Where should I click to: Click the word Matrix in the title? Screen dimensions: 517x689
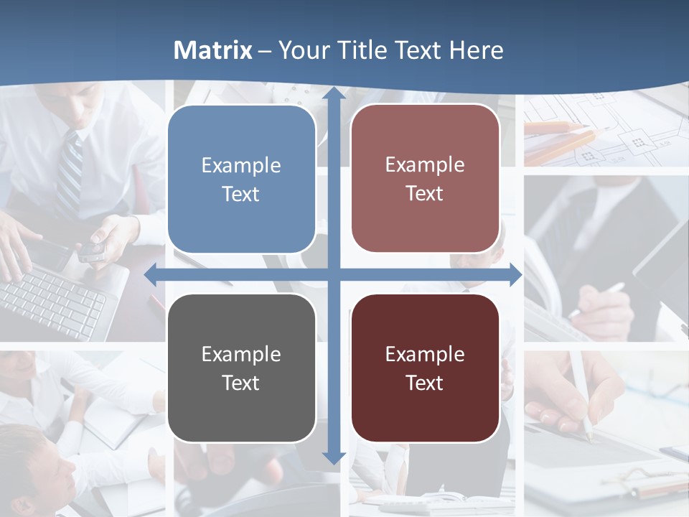pyautogui.click(x=213, y=50)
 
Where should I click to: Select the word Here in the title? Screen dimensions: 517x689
pyautogui.click(x=477, y=50)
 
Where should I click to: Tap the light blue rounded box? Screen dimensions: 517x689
pyautogui.click(x=241, y=180)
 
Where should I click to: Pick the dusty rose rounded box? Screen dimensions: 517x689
pyautogui.click(x=425, y=179)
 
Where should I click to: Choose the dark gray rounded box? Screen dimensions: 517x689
pyautogui.click(x=241, y=368)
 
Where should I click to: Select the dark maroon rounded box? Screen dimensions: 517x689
pyautogui.click(x=425, y=368)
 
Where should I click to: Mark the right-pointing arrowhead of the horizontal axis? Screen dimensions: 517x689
pyautogui.click(x=514, y=275)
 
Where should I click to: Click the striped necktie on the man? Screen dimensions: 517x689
pyautogui.click(x=70, y=172)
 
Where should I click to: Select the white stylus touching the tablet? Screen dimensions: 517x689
pyautogui.click(x=580, y=395)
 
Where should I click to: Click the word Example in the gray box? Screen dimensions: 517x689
pyautogui.click(x=241, y=354)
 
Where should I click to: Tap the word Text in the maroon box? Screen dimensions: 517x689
pyautogui.click(x=425, y=383)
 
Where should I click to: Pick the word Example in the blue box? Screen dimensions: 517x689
pyautogui.click(x=241, y=165)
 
